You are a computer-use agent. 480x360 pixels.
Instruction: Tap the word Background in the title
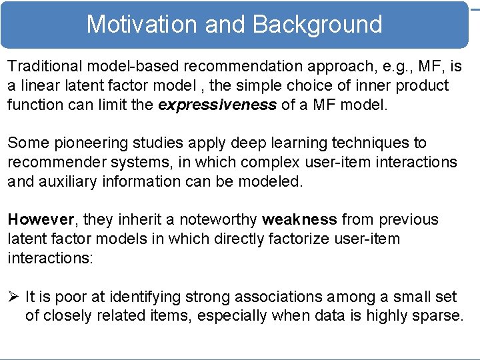317,25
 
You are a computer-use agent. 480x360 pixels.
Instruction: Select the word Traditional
45,67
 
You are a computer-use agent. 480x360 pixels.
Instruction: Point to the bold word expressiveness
217,105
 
